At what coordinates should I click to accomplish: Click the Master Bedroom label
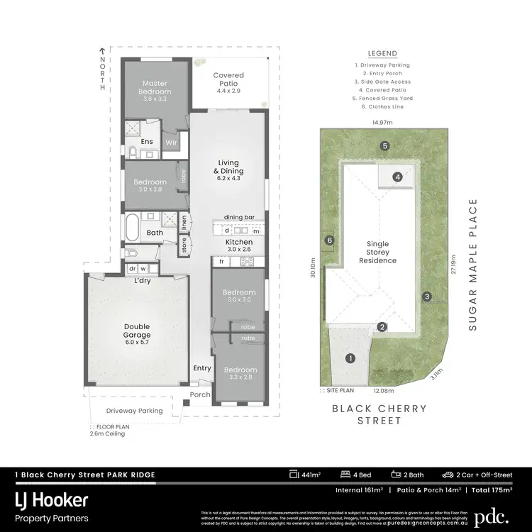point(155,87)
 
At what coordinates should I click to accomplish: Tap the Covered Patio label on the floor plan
point(228,79)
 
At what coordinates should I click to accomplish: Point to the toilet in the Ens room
point(132,152)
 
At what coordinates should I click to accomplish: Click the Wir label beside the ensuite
point(171,143)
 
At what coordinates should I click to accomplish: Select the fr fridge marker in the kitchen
point(221,262)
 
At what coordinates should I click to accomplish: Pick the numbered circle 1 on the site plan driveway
point(349,359)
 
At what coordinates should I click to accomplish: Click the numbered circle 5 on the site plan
point(384,146)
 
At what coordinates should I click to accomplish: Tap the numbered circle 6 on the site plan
point(329,240)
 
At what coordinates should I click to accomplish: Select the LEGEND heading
point(382,53)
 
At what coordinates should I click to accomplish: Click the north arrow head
point(102,51)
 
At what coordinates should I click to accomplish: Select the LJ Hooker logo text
point(52,500)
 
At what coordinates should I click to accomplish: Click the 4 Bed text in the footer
point(350,474)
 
